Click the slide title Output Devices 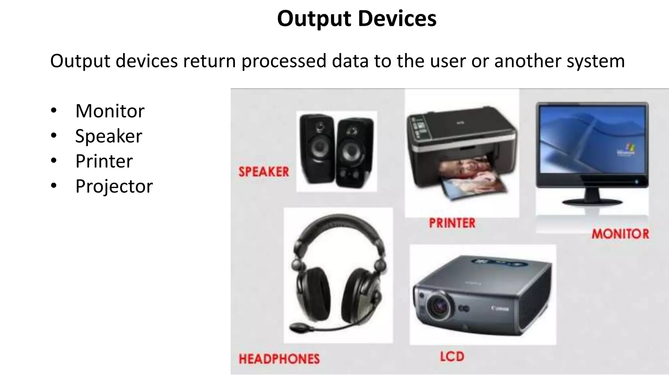[356, 19]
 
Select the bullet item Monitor [110, 111]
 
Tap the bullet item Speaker [108, 136]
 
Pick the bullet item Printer [104, 161]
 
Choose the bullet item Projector [114, 186]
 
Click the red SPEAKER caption [264, 172]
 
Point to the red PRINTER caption [452, 223]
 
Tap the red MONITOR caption [620, 234]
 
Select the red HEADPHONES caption [279, 359]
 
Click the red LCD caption [452, 356]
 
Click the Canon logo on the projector [500, 308]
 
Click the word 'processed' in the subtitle [284, 61]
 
